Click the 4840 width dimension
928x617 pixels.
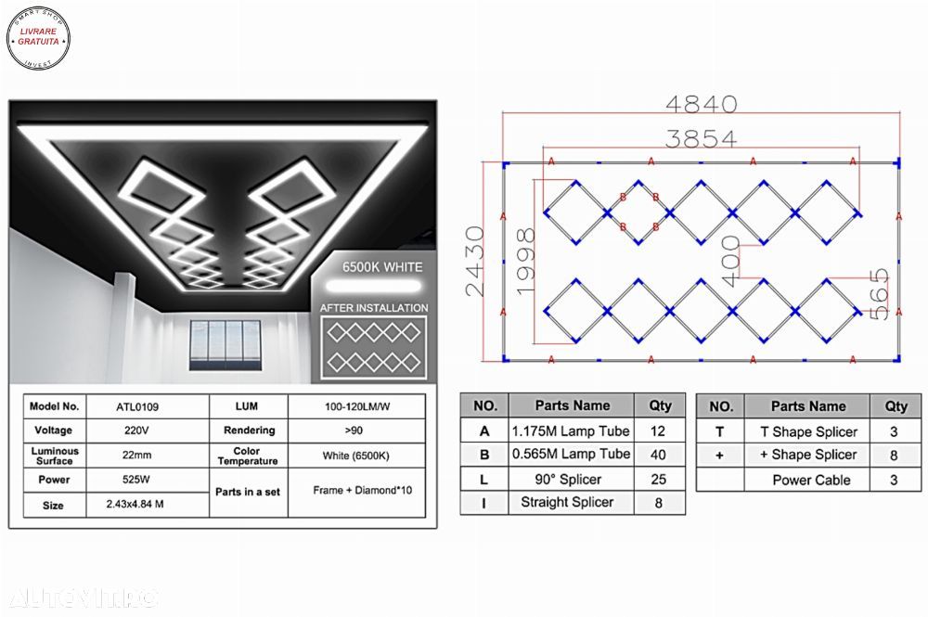tap(702, 104)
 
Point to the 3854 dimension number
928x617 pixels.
tap(702, 138)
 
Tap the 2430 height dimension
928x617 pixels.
tap(475, 262)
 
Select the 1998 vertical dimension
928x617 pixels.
tap(526, 262)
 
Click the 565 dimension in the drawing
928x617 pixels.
tap(878, 294)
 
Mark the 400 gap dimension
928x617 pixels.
tap(730, 261)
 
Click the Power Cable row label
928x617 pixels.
tap(811, 480)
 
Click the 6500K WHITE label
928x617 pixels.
tap(381, 267)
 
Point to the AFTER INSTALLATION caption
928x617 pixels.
tap(374, 307)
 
